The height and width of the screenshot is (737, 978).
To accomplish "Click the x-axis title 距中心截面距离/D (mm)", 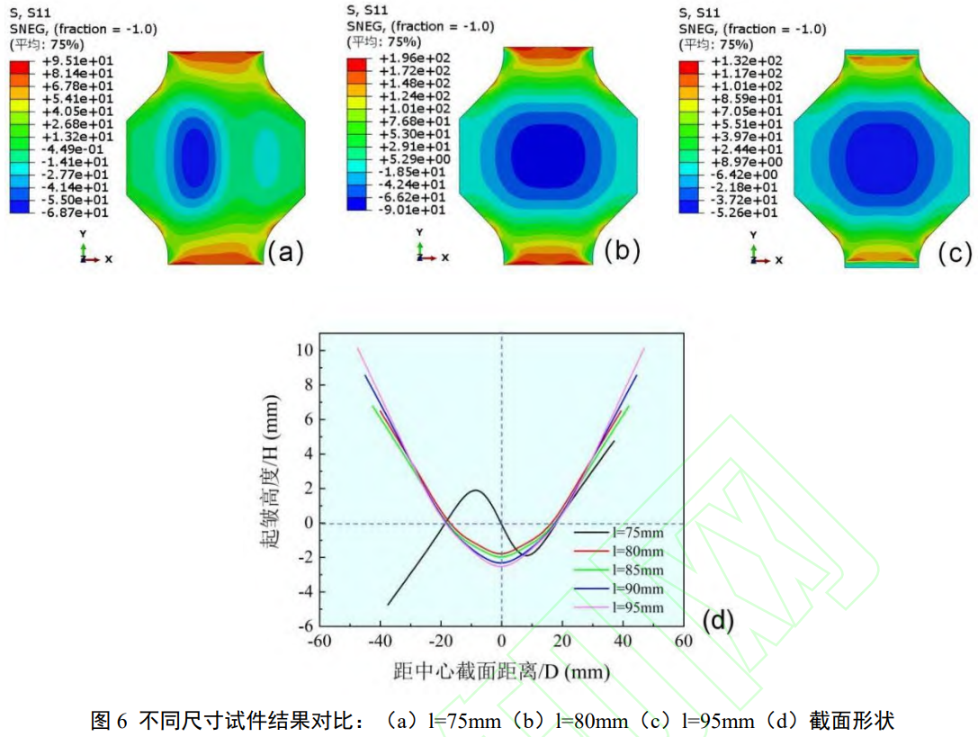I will click(x=501, y=672).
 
